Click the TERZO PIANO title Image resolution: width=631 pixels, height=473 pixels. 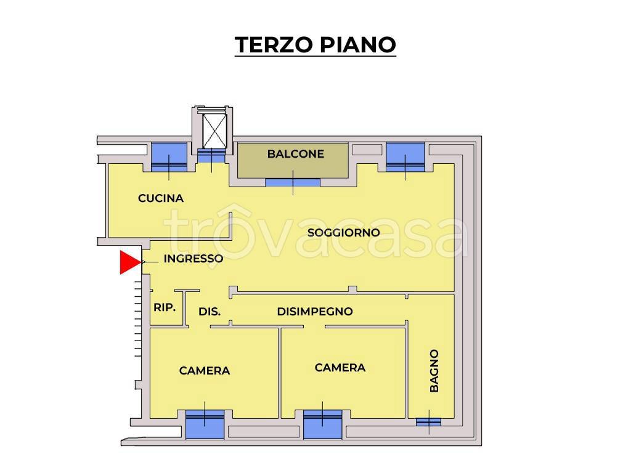tap(315, 44)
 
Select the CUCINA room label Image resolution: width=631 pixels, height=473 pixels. tap(161, 198)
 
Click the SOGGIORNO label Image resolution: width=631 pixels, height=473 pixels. tap(343, 232)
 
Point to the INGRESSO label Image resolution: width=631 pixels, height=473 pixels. tap(193, 259)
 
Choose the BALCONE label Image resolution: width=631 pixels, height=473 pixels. tap(295, 154)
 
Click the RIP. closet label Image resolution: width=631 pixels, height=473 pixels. tap(165, 307)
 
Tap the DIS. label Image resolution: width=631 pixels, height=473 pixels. tap(210, 312)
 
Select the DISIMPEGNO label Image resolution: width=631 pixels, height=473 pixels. tap(314, 312)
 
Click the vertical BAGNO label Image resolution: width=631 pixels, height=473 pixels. tap(434, 371)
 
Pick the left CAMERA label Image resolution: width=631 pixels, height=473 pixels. tap(205, 371)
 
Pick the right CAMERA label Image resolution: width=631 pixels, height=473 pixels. tap(340, 368)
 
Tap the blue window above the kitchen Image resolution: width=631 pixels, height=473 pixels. tap(169, 156)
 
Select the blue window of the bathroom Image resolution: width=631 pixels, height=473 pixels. tap(428, 422)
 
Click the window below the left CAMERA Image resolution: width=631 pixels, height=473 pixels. tap(205, 424)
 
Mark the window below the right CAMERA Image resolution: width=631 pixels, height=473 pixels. tap(322, 424)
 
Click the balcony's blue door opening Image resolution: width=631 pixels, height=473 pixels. tap(293, 182)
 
